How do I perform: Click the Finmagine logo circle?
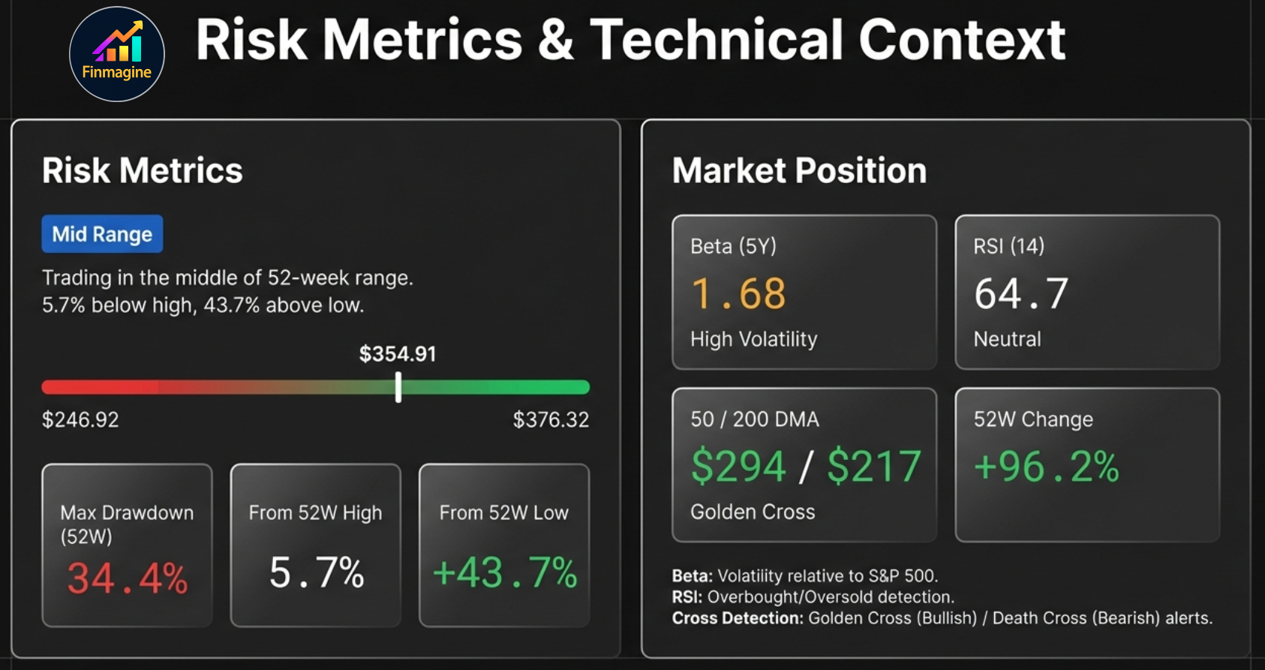point(117,54)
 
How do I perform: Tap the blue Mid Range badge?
point(102,234)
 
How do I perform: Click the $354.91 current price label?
point(398,353)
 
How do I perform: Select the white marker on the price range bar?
point(398,387)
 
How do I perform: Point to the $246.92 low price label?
point(80,419)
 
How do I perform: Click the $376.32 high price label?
point(551,419)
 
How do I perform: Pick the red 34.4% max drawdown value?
point(128,578)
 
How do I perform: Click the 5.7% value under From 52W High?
point(317,573)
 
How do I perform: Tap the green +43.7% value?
point(505,573)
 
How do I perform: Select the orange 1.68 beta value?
point(738,293)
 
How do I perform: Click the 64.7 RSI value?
point(1020,293)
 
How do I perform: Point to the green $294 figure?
point(738,466)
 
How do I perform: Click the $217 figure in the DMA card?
point(874,466)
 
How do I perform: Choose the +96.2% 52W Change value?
point(1046,466)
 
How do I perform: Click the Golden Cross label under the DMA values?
point(753,512)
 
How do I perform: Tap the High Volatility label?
point(753,339)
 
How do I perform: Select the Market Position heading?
point(799,170)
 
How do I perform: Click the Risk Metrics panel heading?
point(143,170)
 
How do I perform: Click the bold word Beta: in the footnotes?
point(692,576)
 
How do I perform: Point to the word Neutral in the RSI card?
point(1007,339)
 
